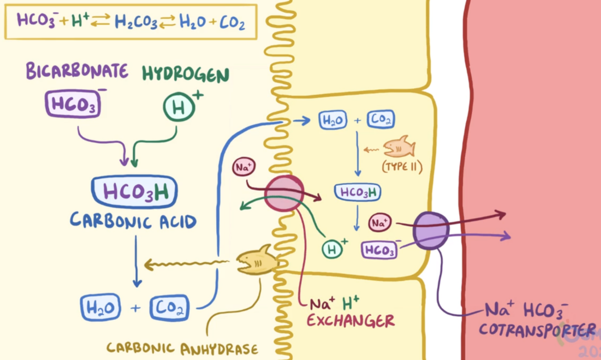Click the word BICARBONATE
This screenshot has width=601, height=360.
pyautogui.click(x=77, y=71)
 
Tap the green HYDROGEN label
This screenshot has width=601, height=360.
pyautogui.click(x=186, y=74)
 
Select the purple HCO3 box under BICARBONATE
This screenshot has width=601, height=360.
pyautogui.click(x=72, y=104)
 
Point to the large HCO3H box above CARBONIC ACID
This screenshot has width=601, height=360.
pyautogui.click(x=134, y=192)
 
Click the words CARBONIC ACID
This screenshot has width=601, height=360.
pyautogui.click(x=133, y=221)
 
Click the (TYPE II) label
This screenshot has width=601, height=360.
pyautogui.click(x=402, y=168)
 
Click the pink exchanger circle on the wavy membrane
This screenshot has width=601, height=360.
pyautogui.click(x=284, y=193)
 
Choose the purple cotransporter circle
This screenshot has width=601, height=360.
pyautogui.click(x=431, y=231)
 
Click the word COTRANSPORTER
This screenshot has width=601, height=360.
pyautogui.click(x=536, y=329)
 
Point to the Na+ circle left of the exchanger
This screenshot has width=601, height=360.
pyautogui.click(x=244, y=168)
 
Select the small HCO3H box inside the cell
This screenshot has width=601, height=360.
pyautogui.click(x=358, y=192)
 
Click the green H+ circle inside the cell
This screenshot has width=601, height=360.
pyautogui.click(x=332, y=248)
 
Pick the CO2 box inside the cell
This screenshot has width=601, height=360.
pyautogui.click(x=381, y=119)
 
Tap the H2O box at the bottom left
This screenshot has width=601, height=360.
pyautogui.click(x=100, y=308)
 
